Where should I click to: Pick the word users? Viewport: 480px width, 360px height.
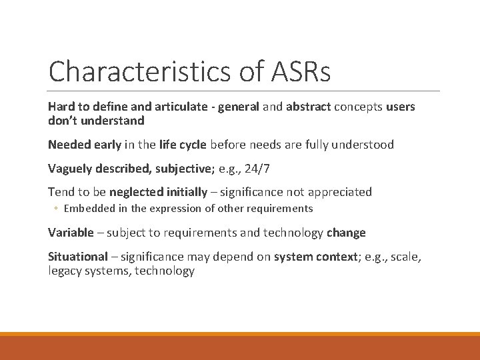coord(399,107)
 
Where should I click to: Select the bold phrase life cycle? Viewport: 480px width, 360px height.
coord(183,144)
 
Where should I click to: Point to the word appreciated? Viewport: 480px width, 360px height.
coord(337,192)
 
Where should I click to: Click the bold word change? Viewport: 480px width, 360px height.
coord(346,233)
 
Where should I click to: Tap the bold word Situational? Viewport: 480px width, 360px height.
coord(77,257)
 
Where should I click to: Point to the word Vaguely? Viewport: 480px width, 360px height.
coord(70,168)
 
